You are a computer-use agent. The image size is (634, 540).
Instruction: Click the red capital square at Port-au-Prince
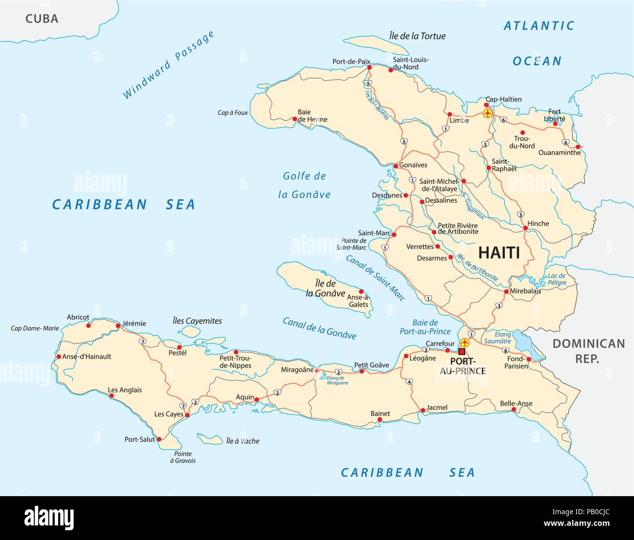click(462, 351)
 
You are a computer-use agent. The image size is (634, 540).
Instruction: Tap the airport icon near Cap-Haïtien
click(487, 113)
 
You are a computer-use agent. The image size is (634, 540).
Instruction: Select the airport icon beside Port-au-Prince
click(464, 342)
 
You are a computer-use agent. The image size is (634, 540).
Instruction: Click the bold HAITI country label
click(498, 252)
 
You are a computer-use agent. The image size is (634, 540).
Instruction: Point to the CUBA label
click(41, 19)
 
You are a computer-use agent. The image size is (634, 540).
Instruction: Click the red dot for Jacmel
click(423, 411)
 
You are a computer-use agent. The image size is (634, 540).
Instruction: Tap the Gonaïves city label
click(413, 165)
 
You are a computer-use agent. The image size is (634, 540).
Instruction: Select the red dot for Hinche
click(525, 228)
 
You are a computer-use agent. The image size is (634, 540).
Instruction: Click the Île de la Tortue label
click(417, 36)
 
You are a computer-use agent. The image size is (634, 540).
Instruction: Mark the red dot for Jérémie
click(118, 326)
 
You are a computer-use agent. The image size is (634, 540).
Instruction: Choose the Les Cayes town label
click(169, 414)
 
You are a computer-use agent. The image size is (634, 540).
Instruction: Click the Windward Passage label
click(168, 65)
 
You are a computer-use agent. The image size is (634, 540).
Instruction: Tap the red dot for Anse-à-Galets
click(361, 291)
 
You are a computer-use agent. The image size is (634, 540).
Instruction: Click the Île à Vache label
click(242, 441)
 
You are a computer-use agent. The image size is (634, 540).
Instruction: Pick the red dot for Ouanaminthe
click(578, 147)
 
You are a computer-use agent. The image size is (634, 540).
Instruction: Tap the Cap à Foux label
click(233, 113)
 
